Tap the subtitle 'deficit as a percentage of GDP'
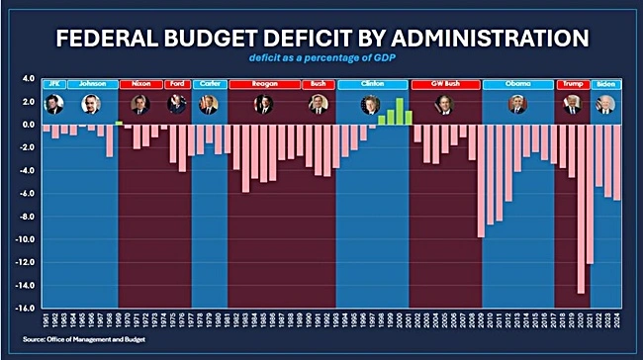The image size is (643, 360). pos(321,60)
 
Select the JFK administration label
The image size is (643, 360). pos(51,84)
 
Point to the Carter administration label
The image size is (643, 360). pos(209,84)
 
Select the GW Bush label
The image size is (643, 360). pos(444,84)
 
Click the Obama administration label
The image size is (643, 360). pos(517,84)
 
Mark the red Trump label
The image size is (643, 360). pos(572,84)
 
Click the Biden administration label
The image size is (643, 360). pos(605,84)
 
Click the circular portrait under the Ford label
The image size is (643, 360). pos(176,104)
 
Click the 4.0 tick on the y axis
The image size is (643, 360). pos(27,78)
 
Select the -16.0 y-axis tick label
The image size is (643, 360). pos(23,308)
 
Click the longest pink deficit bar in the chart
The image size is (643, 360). pos(581,209)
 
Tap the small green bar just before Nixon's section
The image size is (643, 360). pos(119,123)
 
